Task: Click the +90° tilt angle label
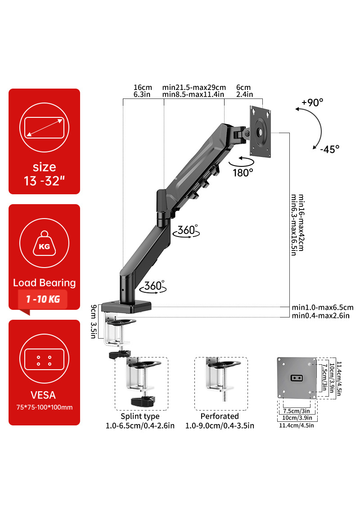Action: pos(312,103)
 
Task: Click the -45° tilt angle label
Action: pos(329,149)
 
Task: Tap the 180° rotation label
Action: pos(243,172)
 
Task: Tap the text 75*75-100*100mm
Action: pos(44,407)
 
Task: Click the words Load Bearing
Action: pos(44,283)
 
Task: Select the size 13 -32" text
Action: pos(44,174)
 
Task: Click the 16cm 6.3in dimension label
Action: pos(143,91)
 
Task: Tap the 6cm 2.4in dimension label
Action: pos(244,91)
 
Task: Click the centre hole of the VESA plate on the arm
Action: pos(261,133)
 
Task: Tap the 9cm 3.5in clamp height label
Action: pos(94,322)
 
